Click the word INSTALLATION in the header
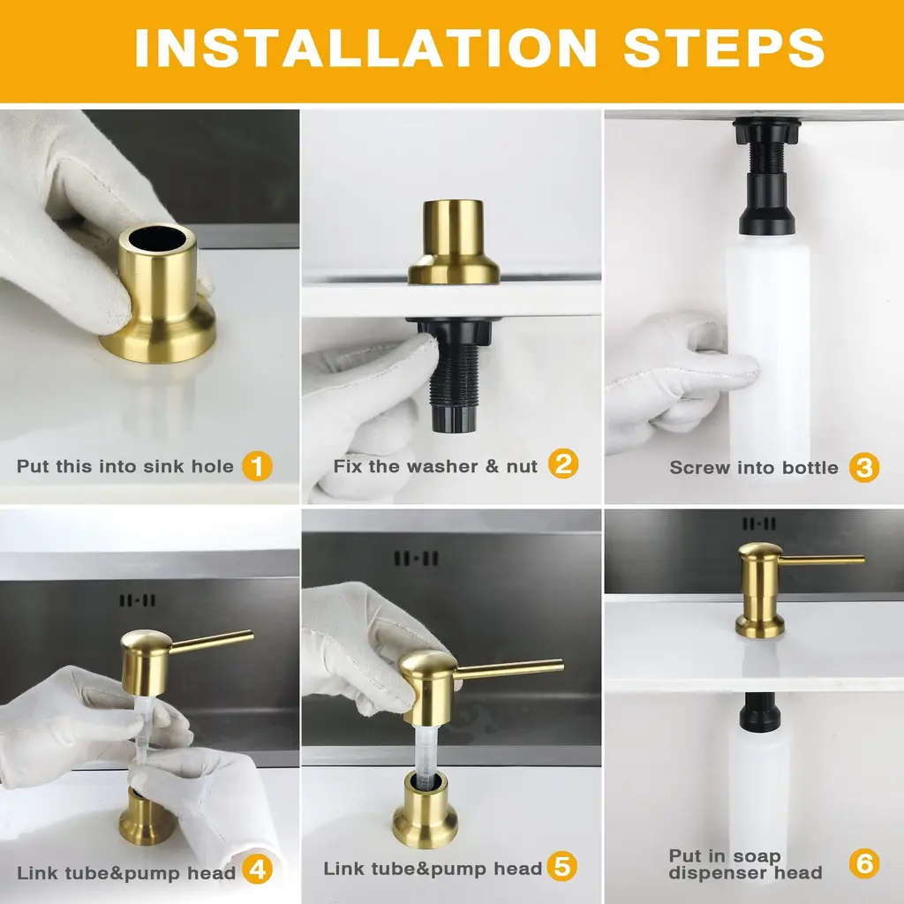click(x=365, y=48)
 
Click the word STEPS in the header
click(x=724, y=48)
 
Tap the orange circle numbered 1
click(x=257, y=466)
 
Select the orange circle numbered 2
click(x=562, y=464)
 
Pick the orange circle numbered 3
click(x=864, y=467)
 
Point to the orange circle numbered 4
click(x=257, y=870)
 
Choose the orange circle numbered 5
click(x=562, y=867)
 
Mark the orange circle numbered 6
click(x=864, y=863)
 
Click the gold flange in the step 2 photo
click(x=454, y=243)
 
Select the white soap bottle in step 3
click(x=768, y=346)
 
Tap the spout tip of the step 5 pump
click(x=561, y=667)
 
